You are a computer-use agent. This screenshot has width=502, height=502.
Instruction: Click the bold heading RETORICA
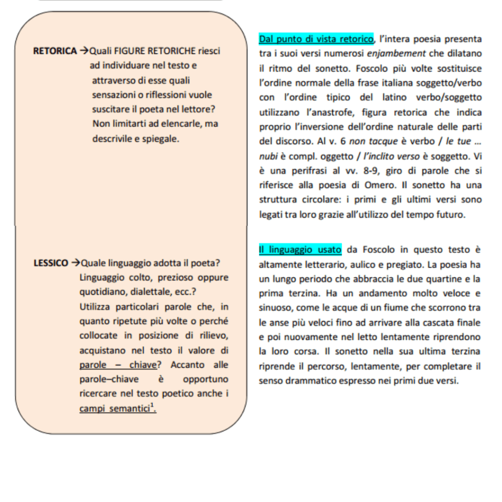click(x=54, y=50)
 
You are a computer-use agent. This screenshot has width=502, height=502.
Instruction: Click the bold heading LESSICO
click(x=51, y=263)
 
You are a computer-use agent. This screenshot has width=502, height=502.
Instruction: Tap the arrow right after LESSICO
click(x=75, y=263)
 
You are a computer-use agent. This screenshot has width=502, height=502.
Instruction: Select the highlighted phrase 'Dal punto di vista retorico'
click(x=316, y=39)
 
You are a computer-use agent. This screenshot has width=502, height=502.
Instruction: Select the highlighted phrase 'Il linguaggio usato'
click(x=300, y=250)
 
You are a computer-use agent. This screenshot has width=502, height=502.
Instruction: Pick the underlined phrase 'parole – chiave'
click(x=118, y=365)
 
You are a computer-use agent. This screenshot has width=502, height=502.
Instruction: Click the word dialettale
click(x=147, y=292)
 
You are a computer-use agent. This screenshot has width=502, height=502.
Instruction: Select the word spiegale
click(x=161, y=139)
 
